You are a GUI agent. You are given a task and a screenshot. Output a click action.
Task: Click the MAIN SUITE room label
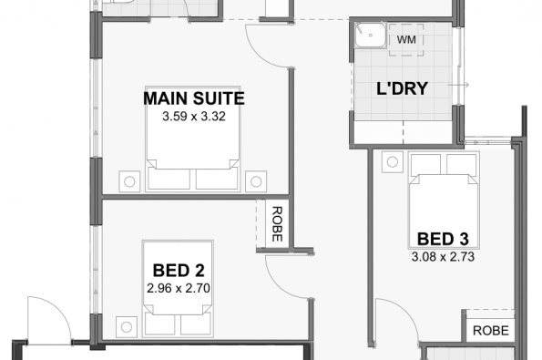pyautogui.click(x=194, y=98)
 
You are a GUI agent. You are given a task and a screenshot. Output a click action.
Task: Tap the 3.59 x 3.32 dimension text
pyautogui.click(x=194, y=117)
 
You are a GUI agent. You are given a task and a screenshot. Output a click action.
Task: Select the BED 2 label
pyautogui.click(x=179, y=271)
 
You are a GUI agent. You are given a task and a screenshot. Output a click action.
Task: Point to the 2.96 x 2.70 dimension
pyautogui.click(x=179, y=288)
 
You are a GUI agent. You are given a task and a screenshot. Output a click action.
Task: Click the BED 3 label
pyautogui.click(x=443, y=239)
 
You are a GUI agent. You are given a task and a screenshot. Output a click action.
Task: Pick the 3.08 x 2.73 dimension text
pyautogui.click(x=443, y=257)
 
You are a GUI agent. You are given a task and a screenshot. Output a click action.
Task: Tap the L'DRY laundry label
pyautogui.click(x=402, y=88)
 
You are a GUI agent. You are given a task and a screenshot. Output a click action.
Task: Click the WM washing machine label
pyautogui.click(x=406, y=40)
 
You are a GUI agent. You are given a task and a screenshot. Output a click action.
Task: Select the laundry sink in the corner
pyautogui.click(x=370, y=35)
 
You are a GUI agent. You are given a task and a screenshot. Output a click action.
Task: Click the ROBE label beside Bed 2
pyautogui.click(x=277, y=224)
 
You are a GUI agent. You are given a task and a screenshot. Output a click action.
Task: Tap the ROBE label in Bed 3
pyautogui.click(x=490, y=331)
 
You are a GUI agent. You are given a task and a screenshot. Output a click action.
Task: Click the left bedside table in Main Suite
pyautogui.click(x=129, y=181)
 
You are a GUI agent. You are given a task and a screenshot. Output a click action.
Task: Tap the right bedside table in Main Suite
pyautogui.click(x=256, y=181)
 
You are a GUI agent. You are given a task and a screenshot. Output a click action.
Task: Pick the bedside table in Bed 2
pyautogui.click(x=127, y=327)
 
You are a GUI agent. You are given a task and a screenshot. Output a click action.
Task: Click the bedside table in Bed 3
pyautogui.click(x=393, y=162)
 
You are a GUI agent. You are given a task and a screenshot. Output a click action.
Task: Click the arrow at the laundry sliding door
pyautogui.click(x=458, y=85)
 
